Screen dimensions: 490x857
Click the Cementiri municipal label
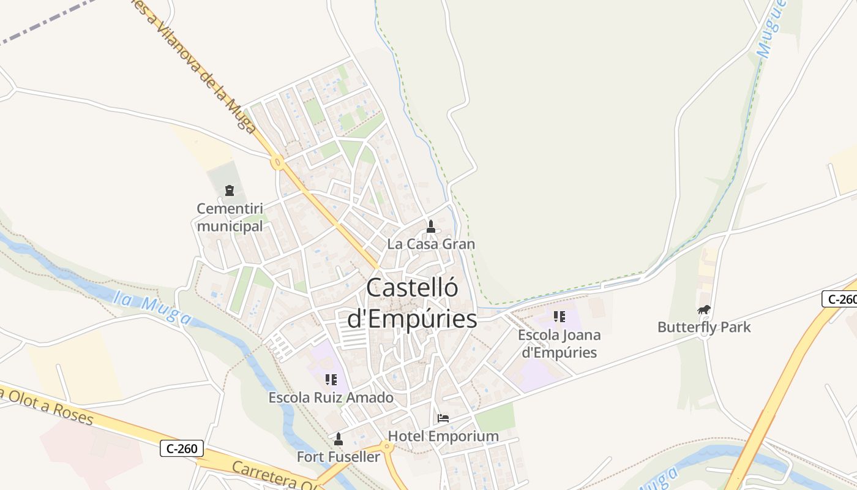(230, 217)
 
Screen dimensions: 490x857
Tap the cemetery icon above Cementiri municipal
(230, 190)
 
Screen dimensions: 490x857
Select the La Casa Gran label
(431, 244)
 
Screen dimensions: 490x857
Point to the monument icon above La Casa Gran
(431, 226)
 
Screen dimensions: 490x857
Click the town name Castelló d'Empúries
(412, 303)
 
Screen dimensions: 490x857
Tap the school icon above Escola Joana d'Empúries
(559, 317)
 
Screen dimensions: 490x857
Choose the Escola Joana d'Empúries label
(559, 344)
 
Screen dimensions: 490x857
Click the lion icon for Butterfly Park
(704, 310)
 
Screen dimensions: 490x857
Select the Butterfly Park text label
(704, 327)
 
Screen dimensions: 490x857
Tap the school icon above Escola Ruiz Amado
(331, 380)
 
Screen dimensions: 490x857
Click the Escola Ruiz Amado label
(331, 398)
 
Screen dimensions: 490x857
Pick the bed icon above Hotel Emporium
(443, 418)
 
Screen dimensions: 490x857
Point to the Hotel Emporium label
(443, 436)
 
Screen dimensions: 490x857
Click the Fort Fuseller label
(338, 457)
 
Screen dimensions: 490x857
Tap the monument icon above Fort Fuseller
(338, 439)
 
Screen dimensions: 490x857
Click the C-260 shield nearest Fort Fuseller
(182, 448)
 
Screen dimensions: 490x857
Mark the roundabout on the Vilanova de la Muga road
(278, 163)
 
